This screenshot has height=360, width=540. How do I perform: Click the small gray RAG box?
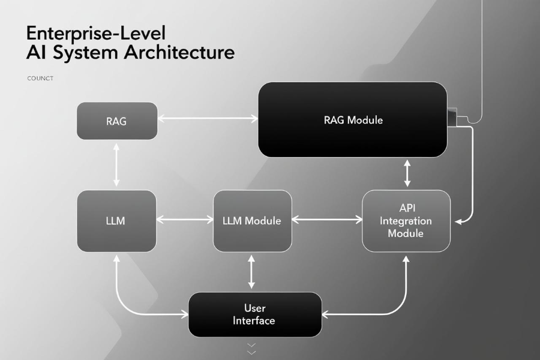tap(117, 121)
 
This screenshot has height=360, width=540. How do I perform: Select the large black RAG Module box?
tap(353, 119)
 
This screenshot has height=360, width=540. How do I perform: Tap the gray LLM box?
tap(116, 220)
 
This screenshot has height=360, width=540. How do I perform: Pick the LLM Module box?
tap(252, 220)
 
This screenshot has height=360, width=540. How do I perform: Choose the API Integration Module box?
tap(406, 220)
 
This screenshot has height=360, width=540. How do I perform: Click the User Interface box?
tap(254, 314)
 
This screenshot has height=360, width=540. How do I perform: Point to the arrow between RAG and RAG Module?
tap(207, 119)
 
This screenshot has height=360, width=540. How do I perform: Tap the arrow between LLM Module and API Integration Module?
tap(327, 220)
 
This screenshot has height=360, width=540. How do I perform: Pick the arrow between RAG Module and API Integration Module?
tap(407, 173)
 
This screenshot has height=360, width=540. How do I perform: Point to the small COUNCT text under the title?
tap(40, 78)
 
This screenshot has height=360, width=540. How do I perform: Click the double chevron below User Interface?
tap(251, 349)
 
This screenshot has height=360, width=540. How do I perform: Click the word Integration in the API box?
tap(406, 220)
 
